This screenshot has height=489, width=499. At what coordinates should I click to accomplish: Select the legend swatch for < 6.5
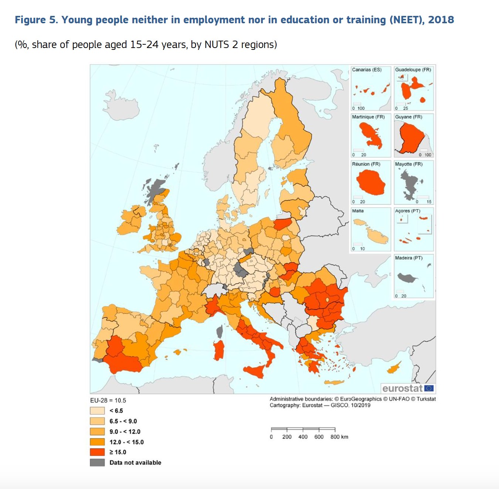[97, 411]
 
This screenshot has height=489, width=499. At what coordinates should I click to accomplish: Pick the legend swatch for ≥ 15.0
[97, 452]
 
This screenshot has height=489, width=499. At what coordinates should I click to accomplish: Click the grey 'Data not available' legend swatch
[97, 462]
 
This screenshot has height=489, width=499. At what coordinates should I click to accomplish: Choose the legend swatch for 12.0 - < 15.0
[97, 442]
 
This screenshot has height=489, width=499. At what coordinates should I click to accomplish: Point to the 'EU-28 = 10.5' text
[108, 400]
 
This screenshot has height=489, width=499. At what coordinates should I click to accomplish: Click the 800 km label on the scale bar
[339, 437]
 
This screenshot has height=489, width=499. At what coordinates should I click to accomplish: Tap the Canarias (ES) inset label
[366, 70]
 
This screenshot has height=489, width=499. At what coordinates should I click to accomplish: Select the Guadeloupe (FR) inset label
[413, 70]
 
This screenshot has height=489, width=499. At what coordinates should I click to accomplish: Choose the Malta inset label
[357, 211]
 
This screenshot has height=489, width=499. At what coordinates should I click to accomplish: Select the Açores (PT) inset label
[407, 211]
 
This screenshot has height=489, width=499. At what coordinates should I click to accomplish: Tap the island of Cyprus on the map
[394, 367]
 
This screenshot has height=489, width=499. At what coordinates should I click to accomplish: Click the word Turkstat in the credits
[426, 399]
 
